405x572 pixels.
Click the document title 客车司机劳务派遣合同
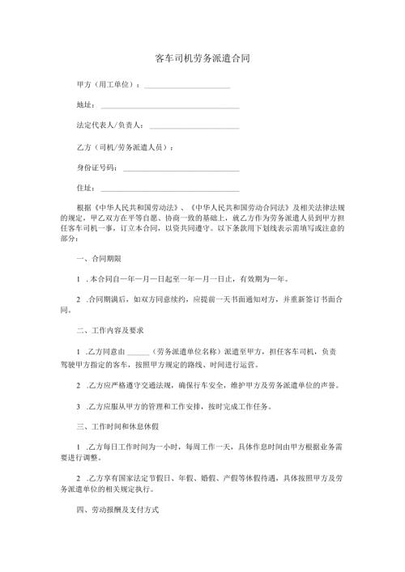click(202, 59)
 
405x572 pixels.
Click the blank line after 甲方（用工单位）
click(186, 86)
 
